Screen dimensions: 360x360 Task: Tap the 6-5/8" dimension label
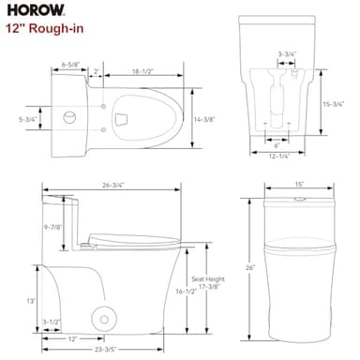tap(69, 66)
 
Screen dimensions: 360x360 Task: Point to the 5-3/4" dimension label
tap(29, 119)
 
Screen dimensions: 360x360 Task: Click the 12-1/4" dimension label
tap(277, 156)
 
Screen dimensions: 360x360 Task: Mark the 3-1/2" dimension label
tap(52, 322)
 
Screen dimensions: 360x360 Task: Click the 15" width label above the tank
tap(299, 185)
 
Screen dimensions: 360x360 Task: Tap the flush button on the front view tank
tap(299, 198)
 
